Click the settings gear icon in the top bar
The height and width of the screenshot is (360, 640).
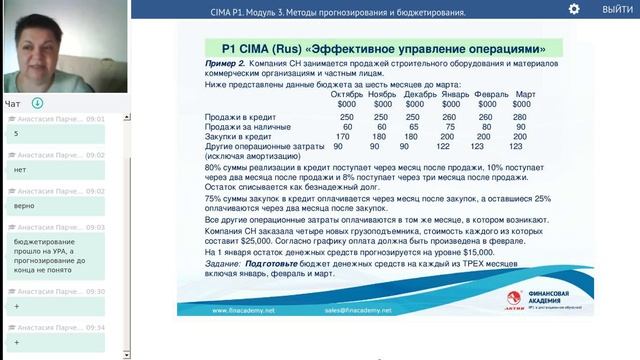click(x=574, y=9)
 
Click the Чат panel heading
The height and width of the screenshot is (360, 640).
click(x=13, y=103)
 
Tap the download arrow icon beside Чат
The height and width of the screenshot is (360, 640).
click(x=38, y=103)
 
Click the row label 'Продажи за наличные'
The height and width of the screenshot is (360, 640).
click(x=246, y=127)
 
